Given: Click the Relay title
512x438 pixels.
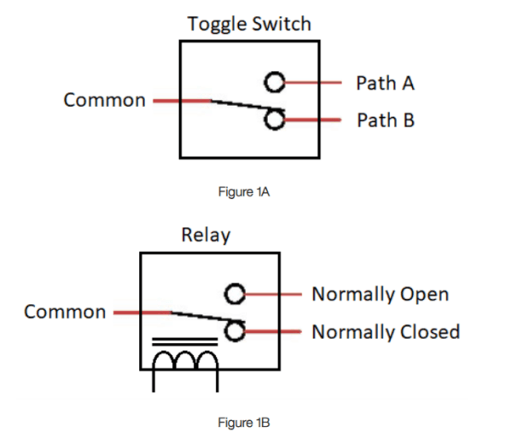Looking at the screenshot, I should coord(205,235).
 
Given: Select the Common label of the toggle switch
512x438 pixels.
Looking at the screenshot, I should coord(104,100).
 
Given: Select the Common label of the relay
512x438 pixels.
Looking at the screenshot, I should coord(65,312).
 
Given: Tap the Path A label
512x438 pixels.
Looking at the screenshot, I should coord(385,83).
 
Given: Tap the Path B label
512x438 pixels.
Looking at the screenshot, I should coord(385,120).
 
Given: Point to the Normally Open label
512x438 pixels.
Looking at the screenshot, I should coord(380,295).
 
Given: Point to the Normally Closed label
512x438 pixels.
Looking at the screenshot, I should coord(386,331).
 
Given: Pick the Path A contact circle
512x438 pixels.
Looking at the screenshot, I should coord(274,82).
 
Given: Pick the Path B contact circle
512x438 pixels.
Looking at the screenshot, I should coord(274,120).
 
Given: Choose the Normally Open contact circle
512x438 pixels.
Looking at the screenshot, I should coord(235,295).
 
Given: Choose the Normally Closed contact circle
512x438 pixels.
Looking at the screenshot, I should coord(235,331).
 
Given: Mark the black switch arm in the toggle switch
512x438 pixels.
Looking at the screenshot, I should coord(239,108).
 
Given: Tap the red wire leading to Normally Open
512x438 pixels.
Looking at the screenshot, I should coord(273,295).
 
